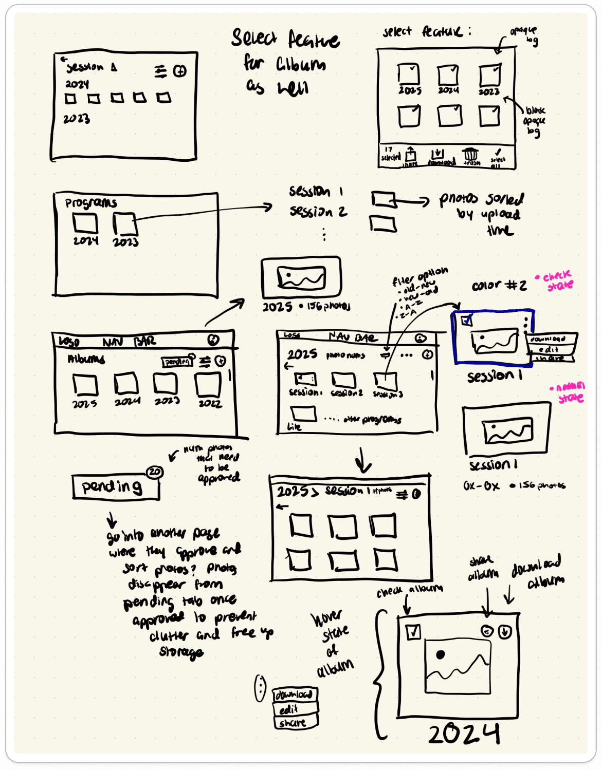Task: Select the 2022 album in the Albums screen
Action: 208,385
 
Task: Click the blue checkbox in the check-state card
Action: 467,321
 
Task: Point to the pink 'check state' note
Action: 558,280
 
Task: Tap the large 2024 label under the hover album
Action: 464,734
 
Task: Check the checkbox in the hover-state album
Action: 413,631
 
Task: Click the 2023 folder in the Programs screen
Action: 125,224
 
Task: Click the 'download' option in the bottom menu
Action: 294,694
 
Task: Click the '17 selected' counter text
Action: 390,154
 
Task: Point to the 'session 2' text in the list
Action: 318,212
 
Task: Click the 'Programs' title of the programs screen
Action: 91,203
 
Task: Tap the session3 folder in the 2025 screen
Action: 386,381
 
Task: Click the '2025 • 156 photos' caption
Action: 306,307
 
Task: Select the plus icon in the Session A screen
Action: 180,71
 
